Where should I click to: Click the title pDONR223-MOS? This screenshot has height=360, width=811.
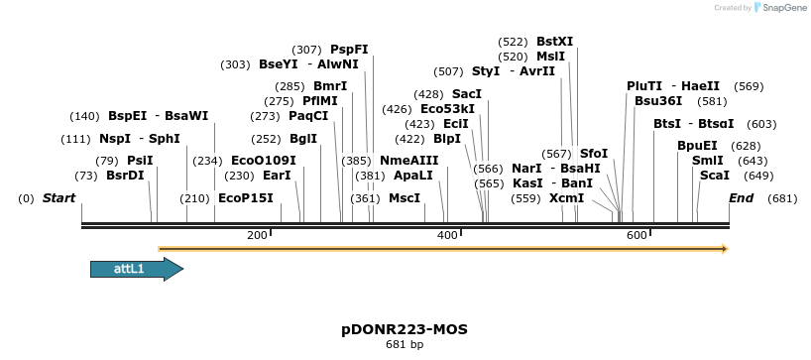(405, 328)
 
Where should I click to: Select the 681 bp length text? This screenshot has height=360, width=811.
(405, 345)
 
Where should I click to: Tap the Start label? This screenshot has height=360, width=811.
(58, 198)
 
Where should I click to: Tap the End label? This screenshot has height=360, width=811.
(742, 198)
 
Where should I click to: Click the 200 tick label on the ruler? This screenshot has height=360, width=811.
(256, 234)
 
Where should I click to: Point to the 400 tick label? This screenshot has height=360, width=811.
(446, 234)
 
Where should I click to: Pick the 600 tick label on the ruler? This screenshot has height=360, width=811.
(637, 234)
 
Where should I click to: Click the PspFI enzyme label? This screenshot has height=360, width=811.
(349, 50)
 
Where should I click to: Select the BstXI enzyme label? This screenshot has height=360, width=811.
(554, 42)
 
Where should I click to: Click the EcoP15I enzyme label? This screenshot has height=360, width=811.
(245, 198)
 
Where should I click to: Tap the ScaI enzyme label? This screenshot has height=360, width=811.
(714, 176)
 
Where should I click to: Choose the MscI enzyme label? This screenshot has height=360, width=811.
(404, 198)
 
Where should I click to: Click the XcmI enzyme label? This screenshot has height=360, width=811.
(566, 198)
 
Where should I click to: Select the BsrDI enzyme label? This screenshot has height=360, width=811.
(125, 176)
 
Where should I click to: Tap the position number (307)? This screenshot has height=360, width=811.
(306, 50)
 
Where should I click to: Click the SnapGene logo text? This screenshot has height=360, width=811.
(784, 8)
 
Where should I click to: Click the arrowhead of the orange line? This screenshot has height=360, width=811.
(724, 248)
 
